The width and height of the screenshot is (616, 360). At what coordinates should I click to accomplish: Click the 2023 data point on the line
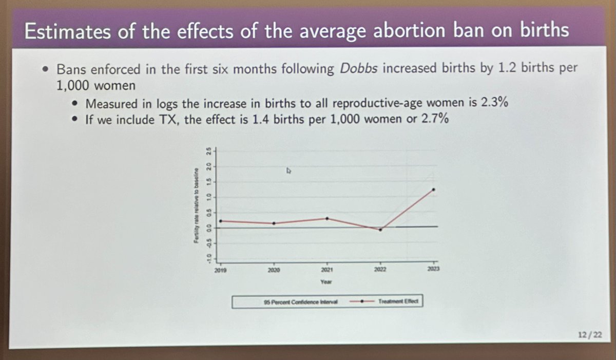434,190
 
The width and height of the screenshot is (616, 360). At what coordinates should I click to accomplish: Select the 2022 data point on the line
380,230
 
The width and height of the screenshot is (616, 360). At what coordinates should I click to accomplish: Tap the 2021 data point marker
327,218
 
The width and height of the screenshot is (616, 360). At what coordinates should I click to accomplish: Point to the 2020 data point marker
274,223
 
